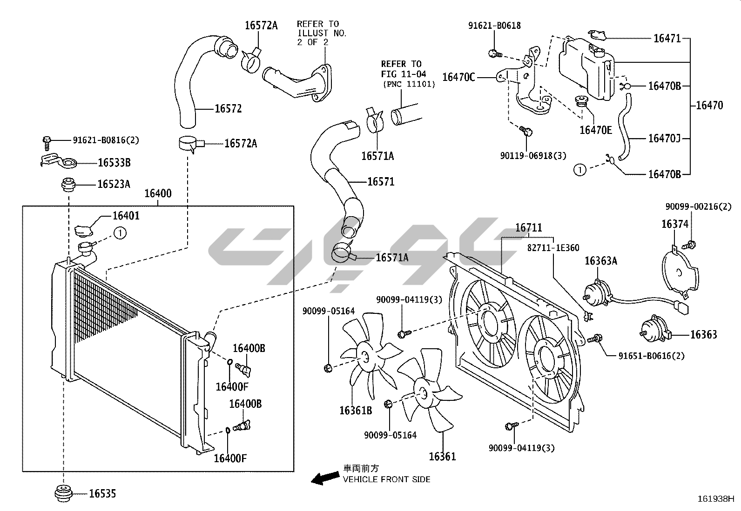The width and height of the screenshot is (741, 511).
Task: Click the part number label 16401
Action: tap(126, 216)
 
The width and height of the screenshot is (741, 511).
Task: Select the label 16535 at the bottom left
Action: tap(102, 494)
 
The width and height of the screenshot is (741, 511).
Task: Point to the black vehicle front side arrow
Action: tap(325, 478)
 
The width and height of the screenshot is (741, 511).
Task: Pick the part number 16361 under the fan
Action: tap(442, 457)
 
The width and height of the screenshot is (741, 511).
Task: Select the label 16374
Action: tap(674, 225)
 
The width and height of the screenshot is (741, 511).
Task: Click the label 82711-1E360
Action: tap(553, 248)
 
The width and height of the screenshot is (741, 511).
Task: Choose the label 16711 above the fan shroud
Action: tap(528, 228)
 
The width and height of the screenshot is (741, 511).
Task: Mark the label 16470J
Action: tap(664, 138)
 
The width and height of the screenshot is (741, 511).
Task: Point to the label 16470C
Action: tap(458, 77)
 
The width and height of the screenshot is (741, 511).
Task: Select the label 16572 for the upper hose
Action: tap(228, 109)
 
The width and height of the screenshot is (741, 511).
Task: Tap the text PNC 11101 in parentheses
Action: tap(409, 84)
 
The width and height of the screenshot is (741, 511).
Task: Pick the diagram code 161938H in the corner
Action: tap(715, 499)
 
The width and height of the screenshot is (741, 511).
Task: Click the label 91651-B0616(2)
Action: tap(652, 356)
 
